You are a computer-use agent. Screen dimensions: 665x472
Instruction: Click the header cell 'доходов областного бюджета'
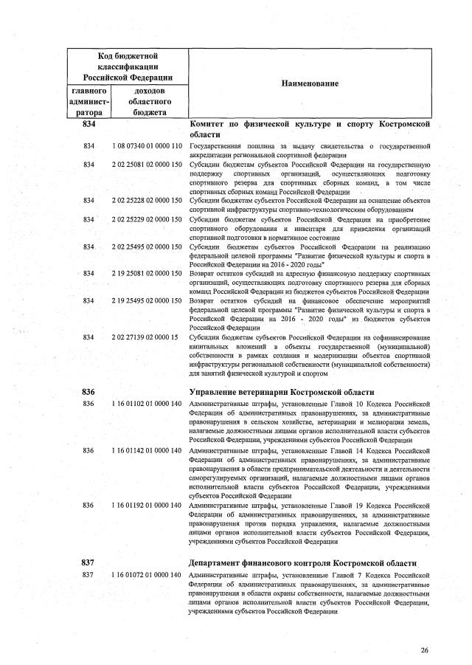(149, 101)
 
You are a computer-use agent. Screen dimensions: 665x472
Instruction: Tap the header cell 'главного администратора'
(89, 101)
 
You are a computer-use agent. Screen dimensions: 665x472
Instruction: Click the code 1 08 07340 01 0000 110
(147, 147)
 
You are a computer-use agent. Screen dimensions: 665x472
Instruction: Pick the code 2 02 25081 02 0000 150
(147, 164)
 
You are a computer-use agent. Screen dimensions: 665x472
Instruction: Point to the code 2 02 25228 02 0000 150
(147, 200)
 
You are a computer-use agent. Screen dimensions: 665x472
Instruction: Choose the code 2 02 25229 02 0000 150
(147, 219)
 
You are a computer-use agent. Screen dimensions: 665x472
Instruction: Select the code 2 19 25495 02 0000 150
(147, 301)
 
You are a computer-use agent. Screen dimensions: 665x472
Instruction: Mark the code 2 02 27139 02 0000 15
(145, 337)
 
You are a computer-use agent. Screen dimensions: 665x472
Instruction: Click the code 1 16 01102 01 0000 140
(147, 404)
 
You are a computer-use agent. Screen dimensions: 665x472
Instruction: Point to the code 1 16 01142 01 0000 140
(147, 449)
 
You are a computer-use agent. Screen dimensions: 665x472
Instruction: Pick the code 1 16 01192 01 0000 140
(147, 505)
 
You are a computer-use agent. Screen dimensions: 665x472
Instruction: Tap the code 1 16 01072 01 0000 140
(147, 574)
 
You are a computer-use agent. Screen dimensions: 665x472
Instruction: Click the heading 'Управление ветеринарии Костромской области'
(282, 391)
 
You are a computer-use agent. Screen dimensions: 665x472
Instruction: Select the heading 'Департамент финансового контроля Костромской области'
(302, 562)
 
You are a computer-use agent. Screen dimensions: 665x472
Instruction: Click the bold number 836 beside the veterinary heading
(89, 391)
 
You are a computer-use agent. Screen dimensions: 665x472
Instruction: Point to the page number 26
(424, 650)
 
